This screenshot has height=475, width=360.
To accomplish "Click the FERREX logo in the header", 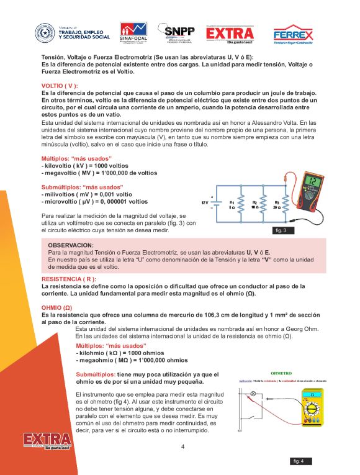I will [x=294, y=34].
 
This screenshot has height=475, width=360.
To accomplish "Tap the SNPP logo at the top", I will [x=177, y=34].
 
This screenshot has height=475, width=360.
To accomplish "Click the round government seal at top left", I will [x=45, y=33].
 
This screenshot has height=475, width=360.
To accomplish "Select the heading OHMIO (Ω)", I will [x=56, y=307].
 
